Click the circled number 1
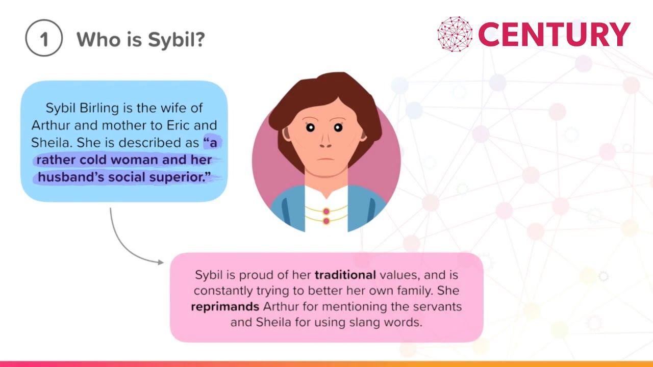pos(44,39)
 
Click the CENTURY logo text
pos(554,35)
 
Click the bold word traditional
pos(345,275)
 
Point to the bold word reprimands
pos(225,307)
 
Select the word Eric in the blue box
pos(182,125)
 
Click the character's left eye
pos(310,127)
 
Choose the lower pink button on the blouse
pos(326,221)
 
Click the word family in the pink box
pos(409,291)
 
